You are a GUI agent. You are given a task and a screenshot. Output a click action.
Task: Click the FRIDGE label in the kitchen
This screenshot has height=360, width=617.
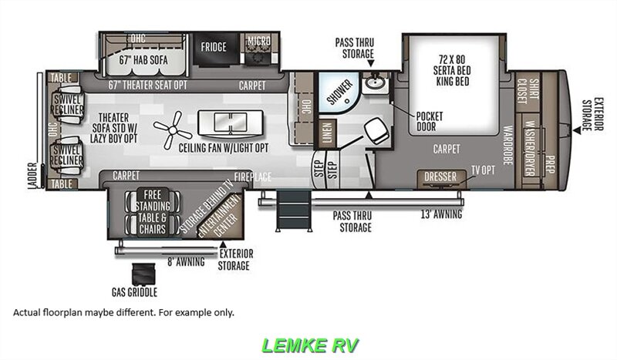point(214,47)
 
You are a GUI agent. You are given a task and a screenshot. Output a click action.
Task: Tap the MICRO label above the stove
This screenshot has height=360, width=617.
point(257,40)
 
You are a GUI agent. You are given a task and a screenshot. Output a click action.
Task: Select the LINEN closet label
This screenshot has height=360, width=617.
point(326,131)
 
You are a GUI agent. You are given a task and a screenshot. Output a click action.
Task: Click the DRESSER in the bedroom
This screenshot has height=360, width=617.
point(440,177)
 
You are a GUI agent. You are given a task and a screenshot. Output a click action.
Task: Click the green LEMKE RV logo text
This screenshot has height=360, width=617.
point(310,345)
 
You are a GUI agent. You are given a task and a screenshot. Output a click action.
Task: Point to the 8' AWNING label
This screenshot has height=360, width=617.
point(185,262)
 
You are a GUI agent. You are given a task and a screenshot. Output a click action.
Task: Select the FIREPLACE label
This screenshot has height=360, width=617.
point(253,177)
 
